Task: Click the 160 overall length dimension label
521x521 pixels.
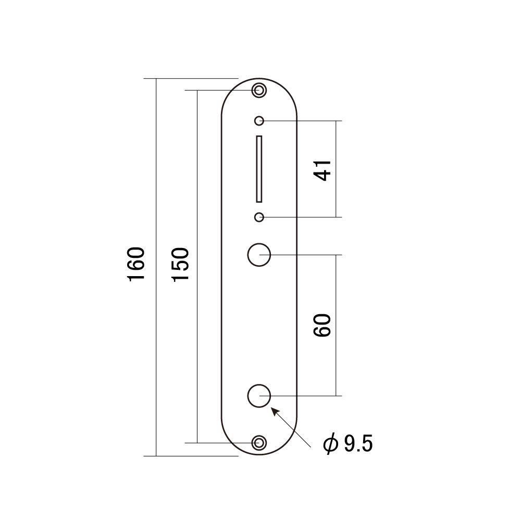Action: point(137,264)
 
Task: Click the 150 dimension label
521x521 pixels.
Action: point(180,264)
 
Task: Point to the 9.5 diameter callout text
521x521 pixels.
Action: point(358,444)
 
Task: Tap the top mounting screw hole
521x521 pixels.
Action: point(259,90)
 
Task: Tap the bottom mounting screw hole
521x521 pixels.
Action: point(259,443)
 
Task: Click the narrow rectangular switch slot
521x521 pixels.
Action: point(259,169)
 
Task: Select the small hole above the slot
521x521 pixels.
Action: point(259,121)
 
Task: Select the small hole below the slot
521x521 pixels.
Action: point(259,217)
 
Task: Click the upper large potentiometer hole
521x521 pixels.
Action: point(259,255)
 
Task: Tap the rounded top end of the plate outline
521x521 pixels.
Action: point(259,79)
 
